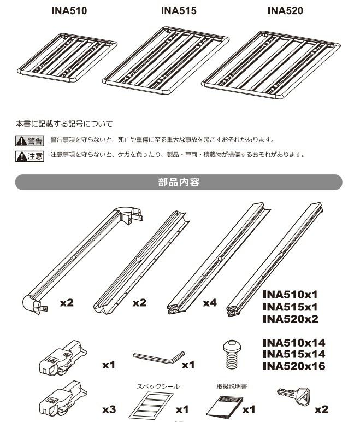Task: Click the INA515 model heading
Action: point(179,11)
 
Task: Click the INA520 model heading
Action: point(285,11)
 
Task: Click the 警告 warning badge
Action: point(29,141)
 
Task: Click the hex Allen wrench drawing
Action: point(158,356)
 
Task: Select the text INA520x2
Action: point(290,319)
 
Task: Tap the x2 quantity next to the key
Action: point(321,409)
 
